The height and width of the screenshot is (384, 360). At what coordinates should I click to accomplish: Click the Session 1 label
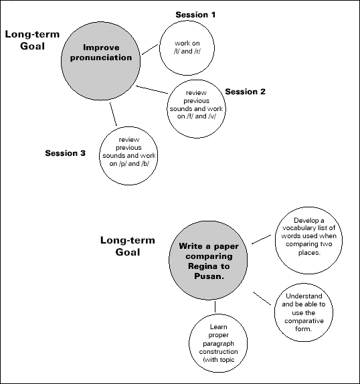coord(196,14)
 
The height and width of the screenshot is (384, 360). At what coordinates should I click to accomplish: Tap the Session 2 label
coord(246,92)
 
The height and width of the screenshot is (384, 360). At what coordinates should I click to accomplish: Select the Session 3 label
coord(66,153)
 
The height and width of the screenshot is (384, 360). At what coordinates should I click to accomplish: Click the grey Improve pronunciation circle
coord(101,54)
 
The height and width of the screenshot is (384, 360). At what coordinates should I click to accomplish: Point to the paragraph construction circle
coord(216,341)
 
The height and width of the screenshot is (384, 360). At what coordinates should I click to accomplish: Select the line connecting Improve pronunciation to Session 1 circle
coord(149,51)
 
